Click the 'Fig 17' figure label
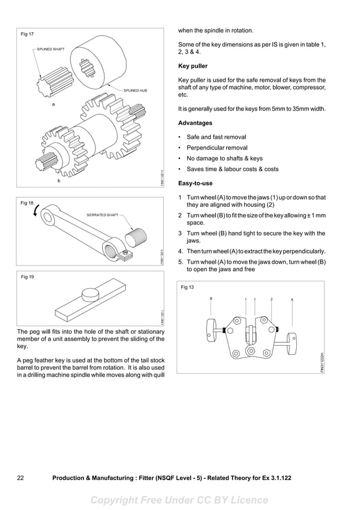[x=27, y=34]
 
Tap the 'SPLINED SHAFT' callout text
[x=51, y=50]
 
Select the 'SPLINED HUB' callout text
[x=135, y=90]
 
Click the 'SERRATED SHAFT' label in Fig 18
[x=102, y=215]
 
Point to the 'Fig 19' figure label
[x=27, y=277]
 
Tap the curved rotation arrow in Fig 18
[x=37, y=211]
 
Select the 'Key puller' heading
[x=192, y=66]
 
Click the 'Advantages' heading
[x=195, y=123]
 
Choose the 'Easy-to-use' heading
[x=195, y=183]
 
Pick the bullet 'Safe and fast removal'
[x=216, y=137]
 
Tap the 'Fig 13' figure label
[x=187, y=287]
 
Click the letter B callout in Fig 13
[x=211, y=298]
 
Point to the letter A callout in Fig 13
[x=292, y=299]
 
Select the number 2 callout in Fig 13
[x=271, y=299]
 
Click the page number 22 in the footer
[x=20, y=478]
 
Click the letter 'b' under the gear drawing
[x=58, y=182]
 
